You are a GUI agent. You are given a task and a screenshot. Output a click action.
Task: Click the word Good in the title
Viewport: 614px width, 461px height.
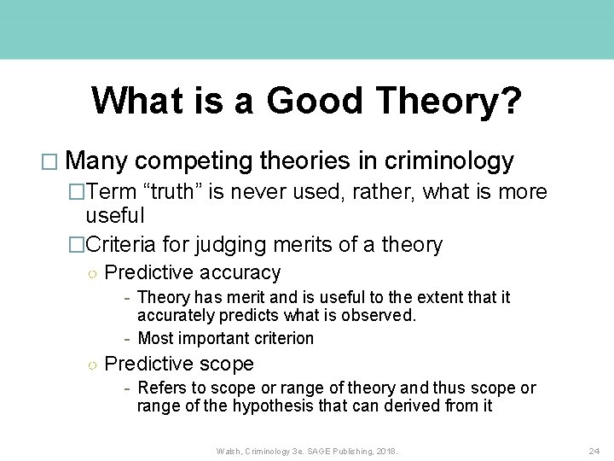(x=316, y=101)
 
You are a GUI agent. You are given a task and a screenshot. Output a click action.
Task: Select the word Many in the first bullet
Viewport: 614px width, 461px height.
(x=97, y=161)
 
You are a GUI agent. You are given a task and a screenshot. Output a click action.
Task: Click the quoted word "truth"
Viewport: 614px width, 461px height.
(x=182, y=191)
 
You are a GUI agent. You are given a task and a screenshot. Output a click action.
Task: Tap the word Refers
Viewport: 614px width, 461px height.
(x=163, y=388)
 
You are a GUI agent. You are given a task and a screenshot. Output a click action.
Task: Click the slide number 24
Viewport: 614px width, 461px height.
(x=594, y=450)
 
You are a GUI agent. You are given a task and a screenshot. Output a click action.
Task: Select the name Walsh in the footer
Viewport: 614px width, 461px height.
(x=229, y=450)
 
